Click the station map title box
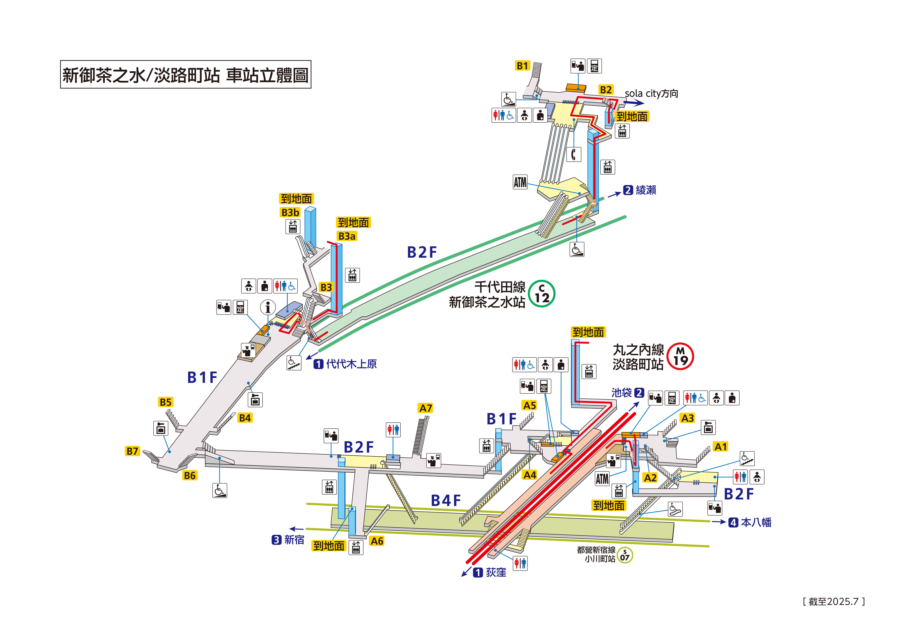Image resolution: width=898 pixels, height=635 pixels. [185, 74]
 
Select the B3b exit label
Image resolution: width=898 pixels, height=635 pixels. [290, 212]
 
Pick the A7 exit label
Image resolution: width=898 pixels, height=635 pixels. [425, 408]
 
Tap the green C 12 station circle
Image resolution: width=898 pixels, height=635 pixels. [542, 294]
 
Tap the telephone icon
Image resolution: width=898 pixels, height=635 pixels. [574, 154]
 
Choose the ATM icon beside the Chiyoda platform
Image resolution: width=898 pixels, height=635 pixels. [520, 182]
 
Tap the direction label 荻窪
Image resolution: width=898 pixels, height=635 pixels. [496, 572]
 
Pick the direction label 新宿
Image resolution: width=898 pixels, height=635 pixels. [294, 540]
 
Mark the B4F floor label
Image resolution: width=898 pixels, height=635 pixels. [446, 500]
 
